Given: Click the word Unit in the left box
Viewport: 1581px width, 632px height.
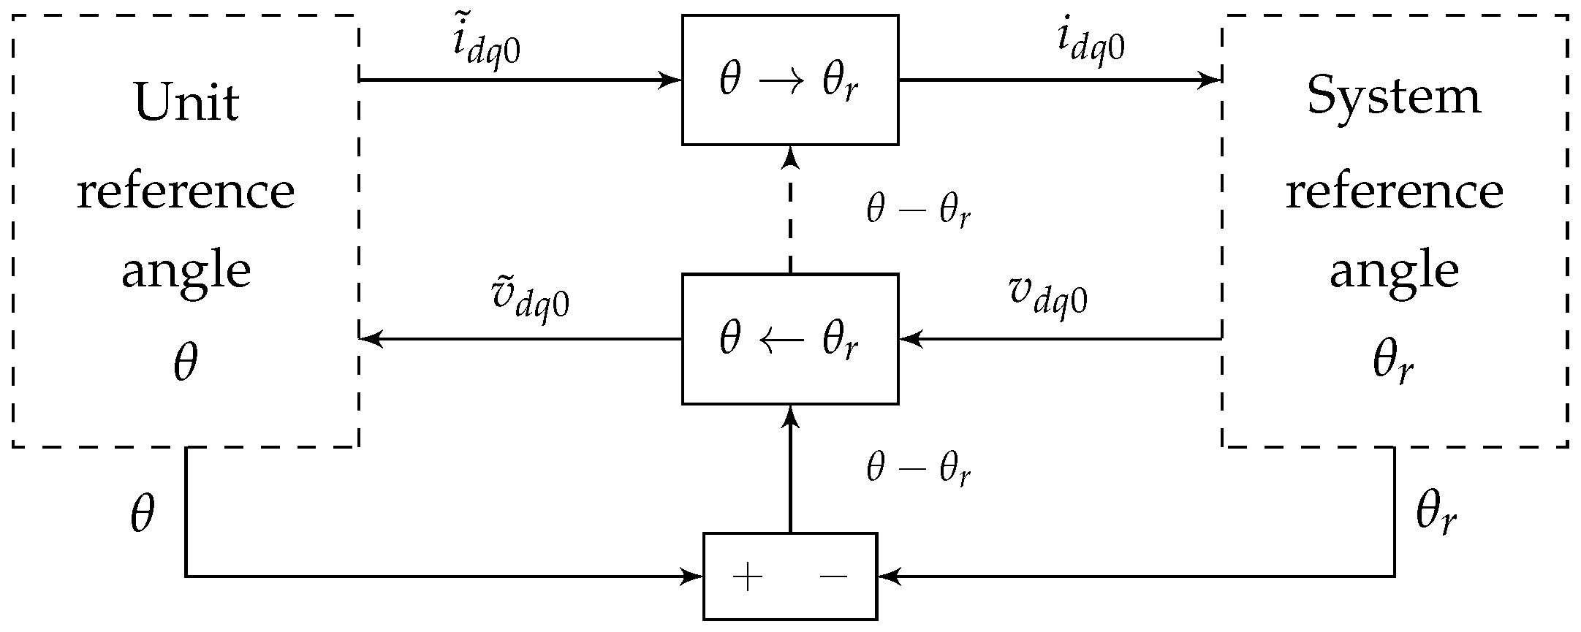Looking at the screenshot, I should coord(186,102).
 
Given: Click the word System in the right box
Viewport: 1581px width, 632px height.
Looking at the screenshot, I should coord(1394,97).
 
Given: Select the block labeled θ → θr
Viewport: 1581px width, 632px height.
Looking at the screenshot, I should coord(789,80).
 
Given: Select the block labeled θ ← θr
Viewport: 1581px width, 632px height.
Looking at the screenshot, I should coord(789,339).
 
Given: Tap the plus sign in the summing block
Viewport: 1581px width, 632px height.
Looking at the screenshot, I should coord(747,578).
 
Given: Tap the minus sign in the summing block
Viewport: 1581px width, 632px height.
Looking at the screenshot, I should coord(833,578).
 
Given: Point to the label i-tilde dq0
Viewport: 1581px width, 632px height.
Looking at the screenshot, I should coord(486,47).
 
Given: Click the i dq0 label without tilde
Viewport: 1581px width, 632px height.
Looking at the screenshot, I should coord(1091,44).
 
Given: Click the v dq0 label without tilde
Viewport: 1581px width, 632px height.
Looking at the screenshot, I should coord(1047,295).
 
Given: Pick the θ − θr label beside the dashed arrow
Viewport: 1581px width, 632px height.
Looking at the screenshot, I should coord(918,211).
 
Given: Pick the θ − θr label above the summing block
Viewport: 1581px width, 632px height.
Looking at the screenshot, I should coord(918,469).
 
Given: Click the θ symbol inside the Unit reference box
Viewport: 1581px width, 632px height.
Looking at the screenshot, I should coord(186,364).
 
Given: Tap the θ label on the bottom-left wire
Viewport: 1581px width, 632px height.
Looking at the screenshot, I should coord(143,514).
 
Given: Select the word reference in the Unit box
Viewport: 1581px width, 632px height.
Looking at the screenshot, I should coord(186,191).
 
